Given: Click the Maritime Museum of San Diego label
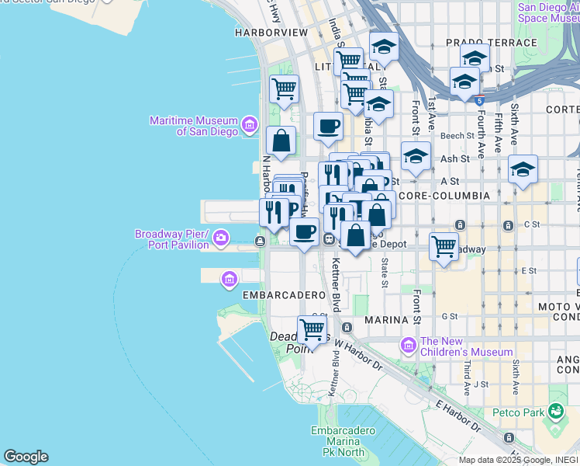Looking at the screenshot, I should [x=194, y=126].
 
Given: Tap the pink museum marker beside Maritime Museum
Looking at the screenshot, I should [x=249, y=123].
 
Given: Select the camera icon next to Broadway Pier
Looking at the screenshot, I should [x=222, y=236].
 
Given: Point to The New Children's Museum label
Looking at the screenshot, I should [x=467, y=346].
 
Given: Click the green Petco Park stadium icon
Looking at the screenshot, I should [x=555, y=410].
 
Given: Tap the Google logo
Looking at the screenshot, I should [x=26, y=457].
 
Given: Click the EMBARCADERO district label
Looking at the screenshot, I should [x=282, y=296].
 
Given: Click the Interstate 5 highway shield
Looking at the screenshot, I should [x=481, y=99].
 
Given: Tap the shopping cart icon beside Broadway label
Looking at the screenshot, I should [x=444, y=246].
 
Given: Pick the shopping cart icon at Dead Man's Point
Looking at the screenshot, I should [x=312, y=329].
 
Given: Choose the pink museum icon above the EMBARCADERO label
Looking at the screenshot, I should [x=229, y=279].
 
